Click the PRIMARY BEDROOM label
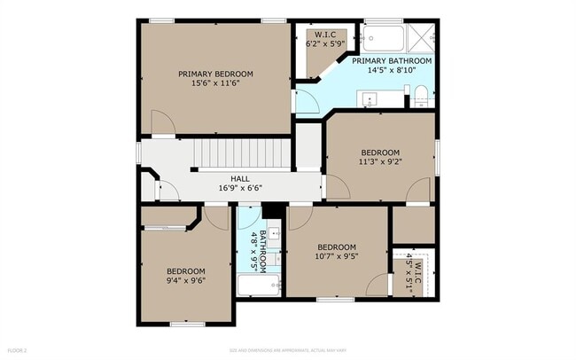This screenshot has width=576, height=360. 215,74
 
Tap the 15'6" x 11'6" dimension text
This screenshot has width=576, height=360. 215,83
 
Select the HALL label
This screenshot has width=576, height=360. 240,177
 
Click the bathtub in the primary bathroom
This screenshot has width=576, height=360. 384,38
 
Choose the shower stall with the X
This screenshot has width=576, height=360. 421,37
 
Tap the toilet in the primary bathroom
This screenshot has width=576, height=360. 422,94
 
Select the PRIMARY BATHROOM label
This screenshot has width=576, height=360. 392,61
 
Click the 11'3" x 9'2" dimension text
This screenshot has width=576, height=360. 381,162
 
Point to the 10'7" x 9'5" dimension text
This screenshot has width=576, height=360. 337,257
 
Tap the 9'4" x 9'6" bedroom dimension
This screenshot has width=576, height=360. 186,281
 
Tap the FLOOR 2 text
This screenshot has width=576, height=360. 18,350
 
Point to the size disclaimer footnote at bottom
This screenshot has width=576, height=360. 287,350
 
